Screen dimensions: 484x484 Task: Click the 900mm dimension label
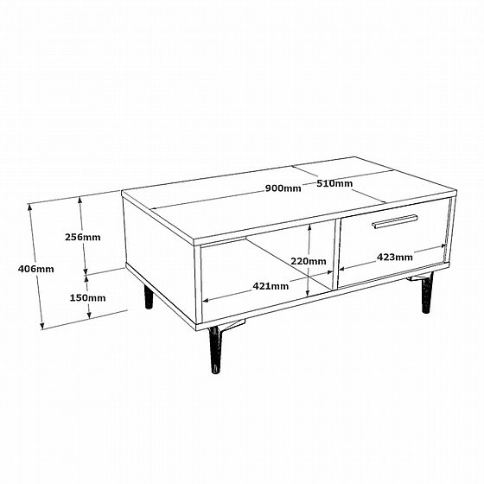(x=283, y=188)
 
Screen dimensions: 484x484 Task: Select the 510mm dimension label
(x=334, y=183)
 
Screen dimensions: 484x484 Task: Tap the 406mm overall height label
(x=35, y=269)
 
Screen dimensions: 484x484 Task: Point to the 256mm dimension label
(x=83, y=237)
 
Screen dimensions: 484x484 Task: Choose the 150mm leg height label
(x=87, y=298)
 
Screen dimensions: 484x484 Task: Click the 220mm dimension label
(x=309, y=261)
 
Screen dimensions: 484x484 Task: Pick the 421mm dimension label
(x=271, y=286)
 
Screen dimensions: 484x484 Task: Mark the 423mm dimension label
(x=395, y=257)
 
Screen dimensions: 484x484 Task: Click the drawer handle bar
(x=396, y=221)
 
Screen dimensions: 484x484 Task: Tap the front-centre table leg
(x=216, y=349)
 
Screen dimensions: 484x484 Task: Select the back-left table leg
(x=149, y=296)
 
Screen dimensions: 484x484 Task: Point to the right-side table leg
(x=427, y=293)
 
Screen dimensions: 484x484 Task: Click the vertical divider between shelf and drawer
(x=336, y=254)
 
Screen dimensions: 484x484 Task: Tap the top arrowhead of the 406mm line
(x=30, y=207)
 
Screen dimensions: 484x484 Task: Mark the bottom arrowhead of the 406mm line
(x=42, y=325)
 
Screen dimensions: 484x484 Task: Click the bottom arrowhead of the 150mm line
(x=89, y=315)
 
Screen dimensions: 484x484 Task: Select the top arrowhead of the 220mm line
(x=309, y=228)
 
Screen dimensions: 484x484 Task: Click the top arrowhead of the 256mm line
(x=80, y=201)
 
